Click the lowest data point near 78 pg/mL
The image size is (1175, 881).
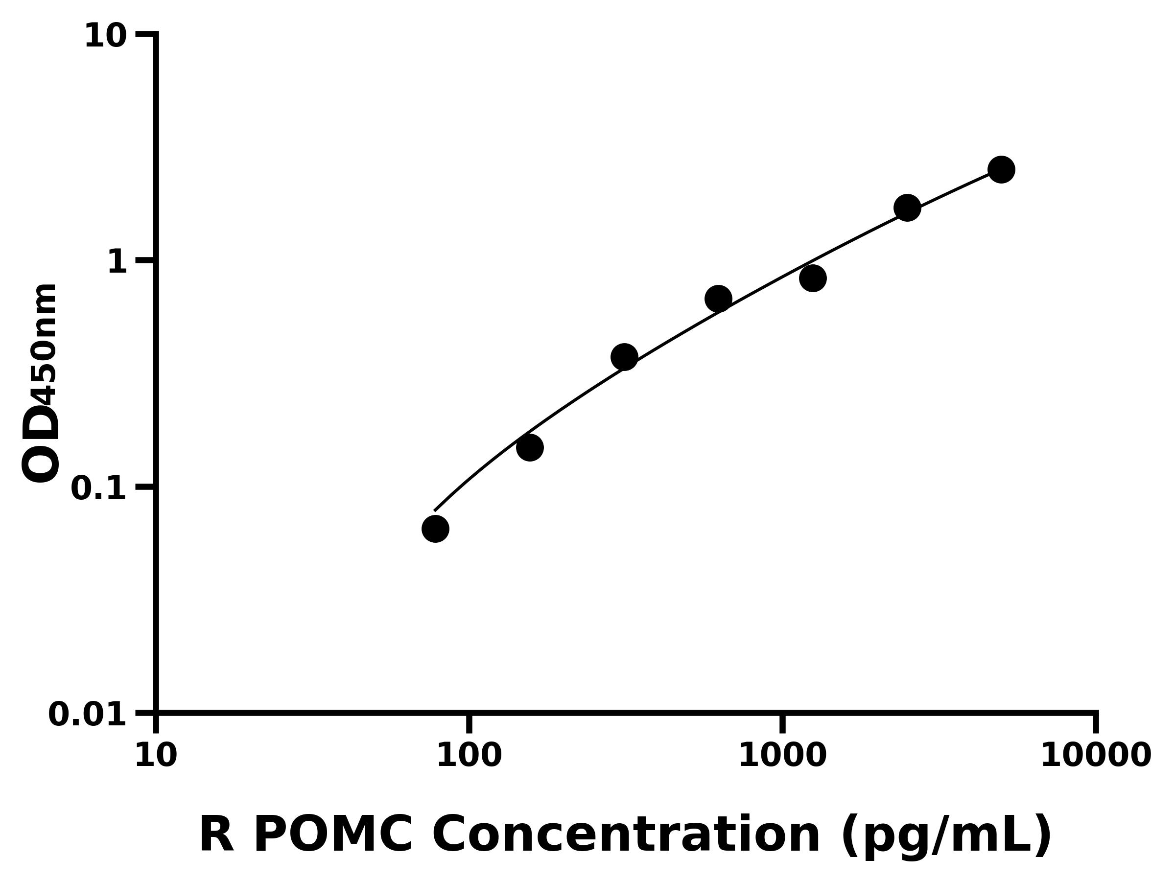point(435,529)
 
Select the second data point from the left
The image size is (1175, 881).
point(530,447)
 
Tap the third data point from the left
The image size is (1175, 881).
point(624,357)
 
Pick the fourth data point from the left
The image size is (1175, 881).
point(718,299)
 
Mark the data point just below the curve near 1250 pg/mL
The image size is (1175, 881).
point(813,278)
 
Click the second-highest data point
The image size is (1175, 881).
point(907,208)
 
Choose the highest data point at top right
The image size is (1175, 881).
point(1001,169)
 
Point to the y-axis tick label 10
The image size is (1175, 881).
point(106,37)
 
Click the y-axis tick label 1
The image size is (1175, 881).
point(117,262)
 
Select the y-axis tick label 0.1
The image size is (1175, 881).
point(99,488)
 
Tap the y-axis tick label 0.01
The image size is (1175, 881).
point(88,715)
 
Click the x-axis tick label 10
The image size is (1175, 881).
point(156,756)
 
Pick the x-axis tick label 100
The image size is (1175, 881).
point(469,756)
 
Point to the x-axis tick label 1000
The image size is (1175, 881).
point(782,756)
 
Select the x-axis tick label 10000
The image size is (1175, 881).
point(1096,756)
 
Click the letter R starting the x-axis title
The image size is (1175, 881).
point(216,836)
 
